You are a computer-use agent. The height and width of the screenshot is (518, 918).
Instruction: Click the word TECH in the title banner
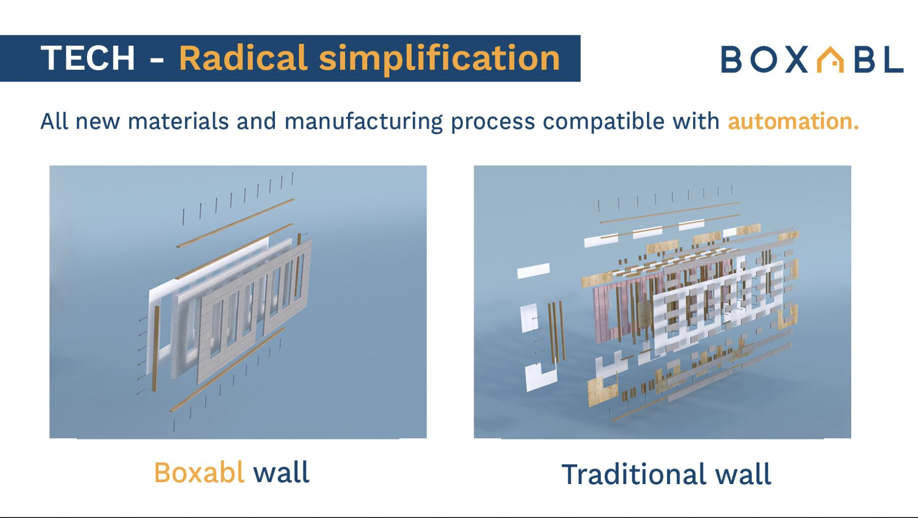88,58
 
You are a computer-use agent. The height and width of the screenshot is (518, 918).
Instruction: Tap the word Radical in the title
243,58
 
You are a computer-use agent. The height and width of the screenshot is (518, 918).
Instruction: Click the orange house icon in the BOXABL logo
830,60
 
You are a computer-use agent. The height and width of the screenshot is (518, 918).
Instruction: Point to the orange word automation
793,121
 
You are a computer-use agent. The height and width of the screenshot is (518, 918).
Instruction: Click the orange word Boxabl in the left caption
199,473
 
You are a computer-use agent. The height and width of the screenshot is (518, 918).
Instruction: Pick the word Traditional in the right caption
634,475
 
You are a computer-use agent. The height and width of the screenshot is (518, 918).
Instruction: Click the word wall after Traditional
743,475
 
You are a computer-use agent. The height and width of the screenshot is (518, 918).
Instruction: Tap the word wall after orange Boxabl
281,473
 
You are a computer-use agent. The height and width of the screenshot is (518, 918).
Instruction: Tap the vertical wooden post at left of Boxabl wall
156,349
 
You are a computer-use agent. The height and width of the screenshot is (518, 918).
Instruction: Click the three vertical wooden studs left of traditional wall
556,332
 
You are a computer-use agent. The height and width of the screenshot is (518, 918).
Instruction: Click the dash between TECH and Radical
157,60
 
